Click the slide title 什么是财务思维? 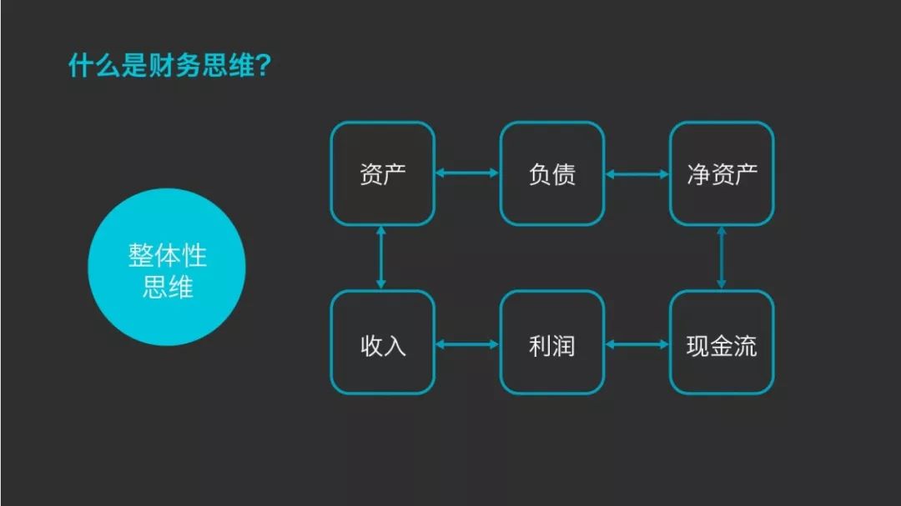[169, 65]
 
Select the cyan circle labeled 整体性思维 [167, 267]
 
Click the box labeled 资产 [383, 173]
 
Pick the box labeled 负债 [552, 173]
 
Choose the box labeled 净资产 [722, 173]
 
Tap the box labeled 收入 [383, 343]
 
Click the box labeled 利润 [552, 343]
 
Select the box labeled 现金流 [722, 343]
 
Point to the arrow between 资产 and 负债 [467, 173]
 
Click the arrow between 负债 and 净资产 [637, 174]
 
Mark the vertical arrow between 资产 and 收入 [380, 258]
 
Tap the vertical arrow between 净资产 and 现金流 [722, 258]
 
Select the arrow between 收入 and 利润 [467, 344]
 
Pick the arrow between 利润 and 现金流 [637, 344]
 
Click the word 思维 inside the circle [167, 287]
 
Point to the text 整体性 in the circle [167, 255]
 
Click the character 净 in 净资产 [698, 174]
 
